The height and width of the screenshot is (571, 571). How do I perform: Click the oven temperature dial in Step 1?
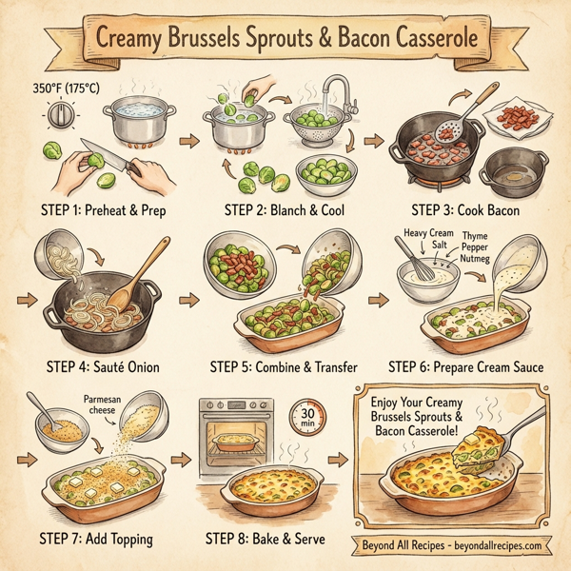click(x=60, y=116)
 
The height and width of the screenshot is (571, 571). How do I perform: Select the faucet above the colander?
click(x=335, y=95)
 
